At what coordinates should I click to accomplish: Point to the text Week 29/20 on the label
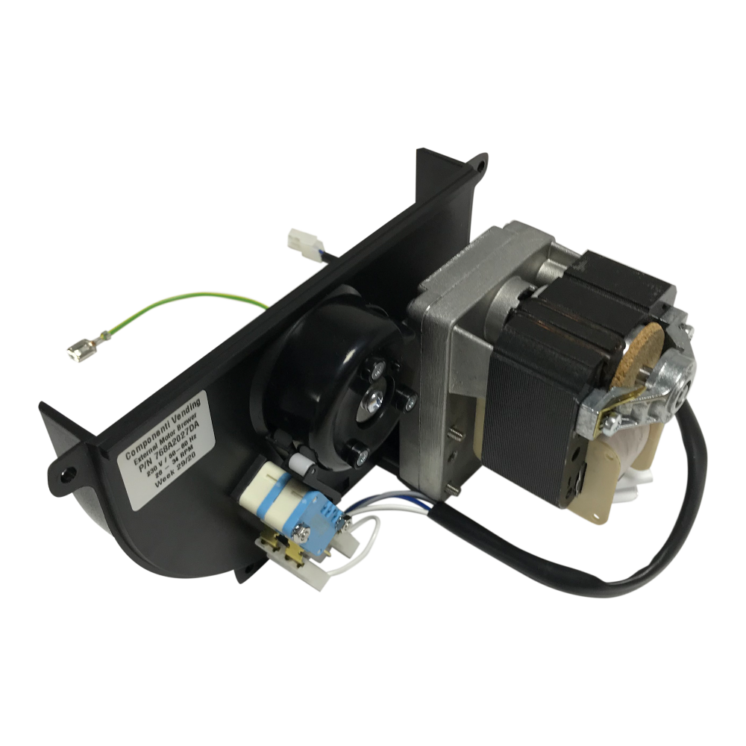point(175,478)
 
